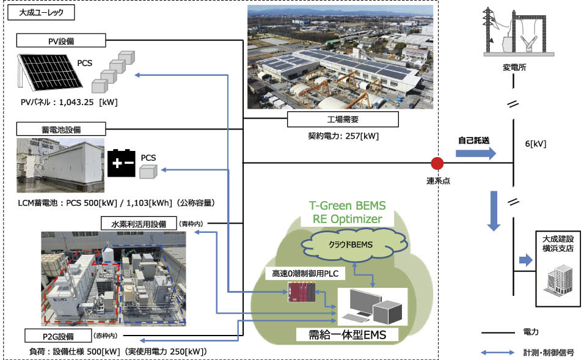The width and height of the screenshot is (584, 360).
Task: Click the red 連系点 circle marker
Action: point(437,163)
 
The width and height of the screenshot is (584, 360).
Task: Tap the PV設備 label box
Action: point(61,40)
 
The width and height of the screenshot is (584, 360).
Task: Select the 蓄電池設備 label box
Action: point(61,129)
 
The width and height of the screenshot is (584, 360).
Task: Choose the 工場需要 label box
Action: point(342,119)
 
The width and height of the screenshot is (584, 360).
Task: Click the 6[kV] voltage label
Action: point(535,144)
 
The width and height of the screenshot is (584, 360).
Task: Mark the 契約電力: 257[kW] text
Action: point(342,135)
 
